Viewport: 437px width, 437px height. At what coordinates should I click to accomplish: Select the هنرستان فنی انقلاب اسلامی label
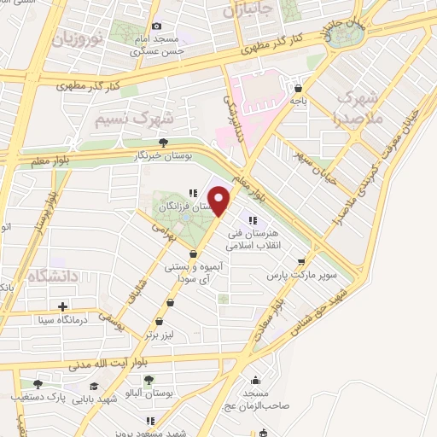pyautogui.click(x=251, y=238)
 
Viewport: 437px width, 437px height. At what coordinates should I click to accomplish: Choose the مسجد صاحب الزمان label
pyautogui.click(x=254, y=399)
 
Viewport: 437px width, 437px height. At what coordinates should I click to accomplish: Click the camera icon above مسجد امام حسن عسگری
pyautogui.click(x=156, y=27)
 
